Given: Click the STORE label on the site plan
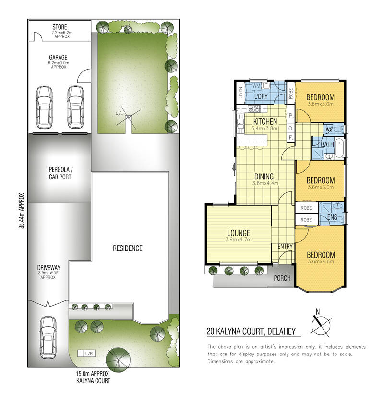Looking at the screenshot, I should point(60,27).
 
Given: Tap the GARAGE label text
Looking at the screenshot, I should point(58,58).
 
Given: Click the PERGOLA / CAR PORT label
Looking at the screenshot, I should point(60,173).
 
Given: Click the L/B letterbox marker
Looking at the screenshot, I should point(88,354).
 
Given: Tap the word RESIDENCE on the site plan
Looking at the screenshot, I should point(127,248).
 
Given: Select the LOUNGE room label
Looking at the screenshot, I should point(239,233).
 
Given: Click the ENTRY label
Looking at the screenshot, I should point(285,247).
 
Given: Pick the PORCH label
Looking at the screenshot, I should point(282,278).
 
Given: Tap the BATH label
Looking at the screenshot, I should point(328,144).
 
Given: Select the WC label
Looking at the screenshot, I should point(329,129).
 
